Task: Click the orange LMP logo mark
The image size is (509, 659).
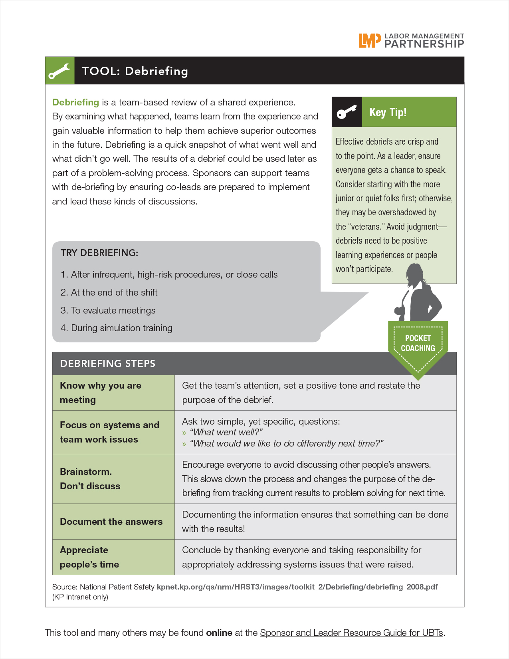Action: pyautogui.click(x=367, y=40)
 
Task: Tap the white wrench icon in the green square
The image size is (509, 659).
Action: pyautogui.click(x=60, y=71)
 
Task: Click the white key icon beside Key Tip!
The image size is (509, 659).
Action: pyautogui.click(x=347, y=112)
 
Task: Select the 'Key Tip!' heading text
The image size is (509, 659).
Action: pyautogui.click(x=388, y=112)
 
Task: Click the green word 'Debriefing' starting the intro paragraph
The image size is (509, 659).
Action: pyautogui.click(x=75, y=102)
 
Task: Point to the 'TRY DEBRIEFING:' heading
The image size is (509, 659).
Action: pyautogui.click(x=99, y=253)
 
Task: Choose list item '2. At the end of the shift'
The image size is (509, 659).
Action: pyautogui.click(x=109, y=292)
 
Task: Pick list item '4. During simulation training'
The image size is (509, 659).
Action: pyautogui.click(x=117, y=328)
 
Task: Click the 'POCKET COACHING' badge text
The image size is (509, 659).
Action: pyautogui.click(x=418, y=343)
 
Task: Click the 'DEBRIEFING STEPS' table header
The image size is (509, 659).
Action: pyautogui.click(x=108, y=363)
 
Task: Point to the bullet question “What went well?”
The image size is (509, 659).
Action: pyautogui.click(x=226, y=432)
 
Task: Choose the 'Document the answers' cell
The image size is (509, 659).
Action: pyautogui.click(x=111, y=522)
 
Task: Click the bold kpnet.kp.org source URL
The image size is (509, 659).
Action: pyautogui.click(x=297, y=587)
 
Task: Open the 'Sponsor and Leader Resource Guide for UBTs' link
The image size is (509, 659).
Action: pyautogui.click(x=351, y=633)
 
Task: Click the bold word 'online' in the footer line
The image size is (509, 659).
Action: pyautogui.click(x=219, y=633)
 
